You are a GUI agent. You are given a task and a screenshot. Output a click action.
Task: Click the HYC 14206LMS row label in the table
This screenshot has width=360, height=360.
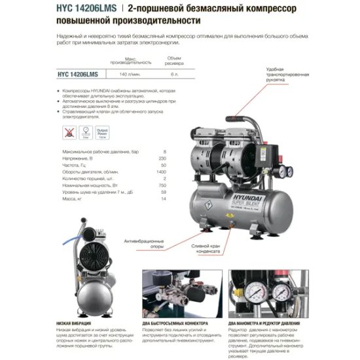point(60,75)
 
